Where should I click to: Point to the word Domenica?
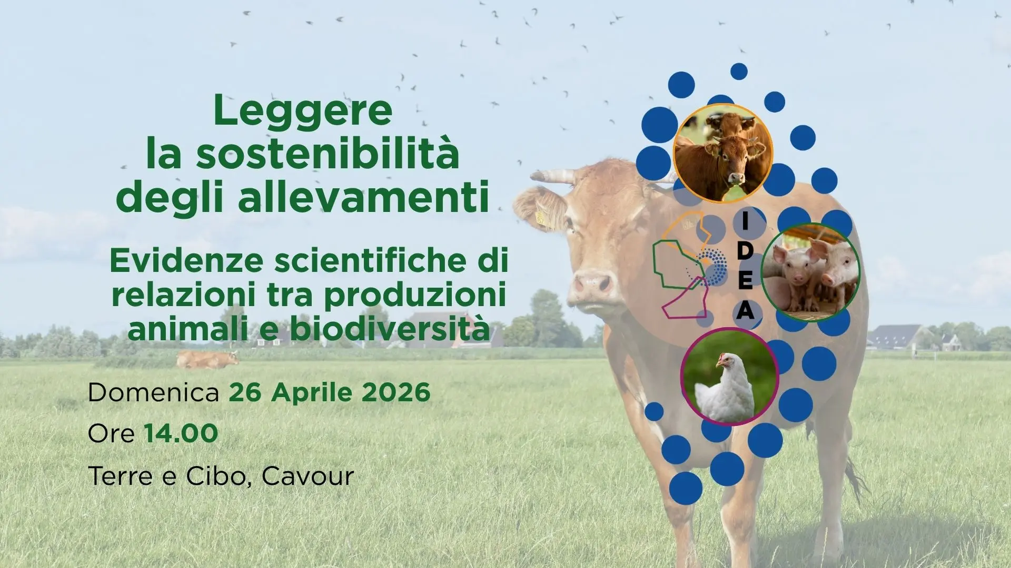point(153,393)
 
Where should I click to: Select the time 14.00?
point(181,434)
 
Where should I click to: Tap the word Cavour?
point(308,476)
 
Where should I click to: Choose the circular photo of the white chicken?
point(729,377)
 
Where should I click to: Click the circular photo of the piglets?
point(810,272)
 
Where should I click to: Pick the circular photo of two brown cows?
point(722,153)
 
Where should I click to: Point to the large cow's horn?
point(553,177)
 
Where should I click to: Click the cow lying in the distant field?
point(206,360)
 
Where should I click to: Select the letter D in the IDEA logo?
point(745,251)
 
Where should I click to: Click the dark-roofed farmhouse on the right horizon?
point(894,338)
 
